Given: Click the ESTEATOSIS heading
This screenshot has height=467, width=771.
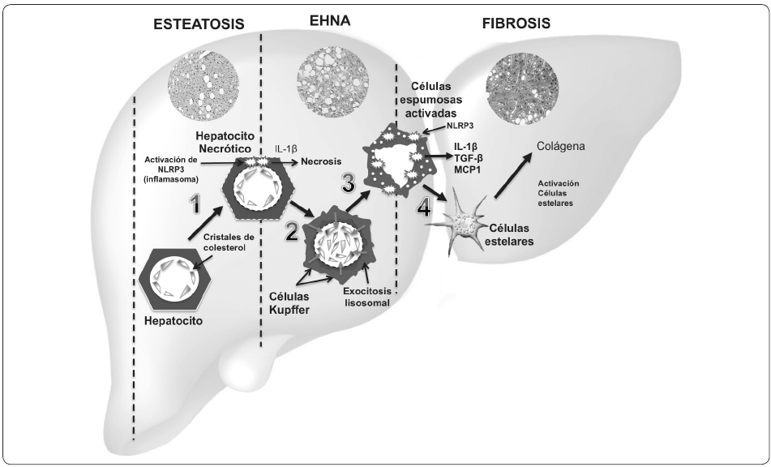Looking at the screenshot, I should [199, 25].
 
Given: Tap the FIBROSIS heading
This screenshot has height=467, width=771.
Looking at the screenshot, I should [516, 24].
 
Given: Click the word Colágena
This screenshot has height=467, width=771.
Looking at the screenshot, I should [559, 147].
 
